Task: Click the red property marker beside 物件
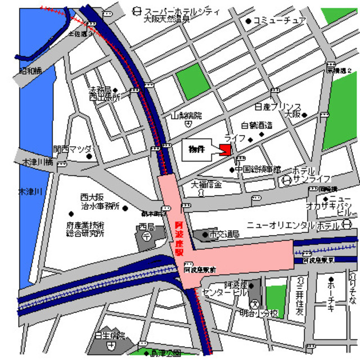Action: click(225, 150)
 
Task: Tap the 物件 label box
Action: click(196, 150)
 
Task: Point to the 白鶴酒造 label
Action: click(256, 125)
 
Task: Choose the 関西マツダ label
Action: click(73, 150)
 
